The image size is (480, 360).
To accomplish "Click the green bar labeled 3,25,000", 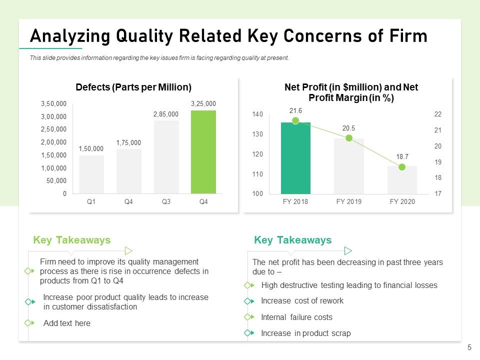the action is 203,152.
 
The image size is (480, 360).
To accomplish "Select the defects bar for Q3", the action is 166,157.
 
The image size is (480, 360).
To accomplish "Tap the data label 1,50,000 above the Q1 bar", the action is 91,149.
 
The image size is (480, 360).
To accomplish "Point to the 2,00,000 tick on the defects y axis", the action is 53,142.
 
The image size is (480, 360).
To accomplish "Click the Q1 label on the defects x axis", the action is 91,201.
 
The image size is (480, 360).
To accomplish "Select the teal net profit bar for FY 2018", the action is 295,158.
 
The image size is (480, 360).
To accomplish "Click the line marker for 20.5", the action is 348,138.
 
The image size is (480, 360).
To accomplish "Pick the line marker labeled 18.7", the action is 402,167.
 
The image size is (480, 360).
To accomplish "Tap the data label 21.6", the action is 295,111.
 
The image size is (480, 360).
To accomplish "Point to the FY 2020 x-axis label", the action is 402,201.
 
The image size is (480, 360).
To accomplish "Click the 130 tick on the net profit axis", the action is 257,134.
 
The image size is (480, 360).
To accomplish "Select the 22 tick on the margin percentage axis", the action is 438,114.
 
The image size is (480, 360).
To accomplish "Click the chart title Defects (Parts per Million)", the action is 133,87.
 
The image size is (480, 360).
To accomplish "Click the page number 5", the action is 469,347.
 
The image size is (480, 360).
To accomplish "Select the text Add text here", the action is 66,323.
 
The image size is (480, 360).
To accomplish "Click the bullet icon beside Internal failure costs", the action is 249,317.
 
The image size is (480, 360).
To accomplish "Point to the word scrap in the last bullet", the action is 340,333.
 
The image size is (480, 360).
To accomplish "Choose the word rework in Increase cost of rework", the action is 331,301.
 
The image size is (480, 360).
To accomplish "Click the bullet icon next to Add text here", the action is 29,322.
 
